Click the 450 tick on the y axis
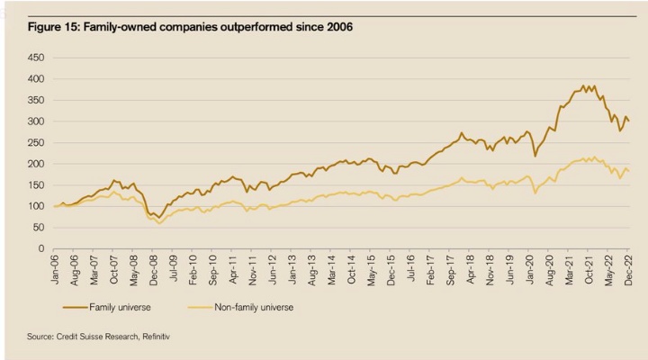(x=37, y=58)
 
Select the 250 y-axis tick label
(x=37, y=142)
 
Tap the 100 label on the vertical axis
(x=37, y=206)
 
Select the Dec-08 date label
(x=154, y=268)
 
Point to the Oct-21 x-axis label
(x=590, y=268)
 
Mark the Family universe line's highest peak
(x=584, y=86)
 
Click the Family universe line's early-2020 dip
(x=535, y=156)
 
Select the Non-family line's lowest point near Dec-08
(x=160, y=222)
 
